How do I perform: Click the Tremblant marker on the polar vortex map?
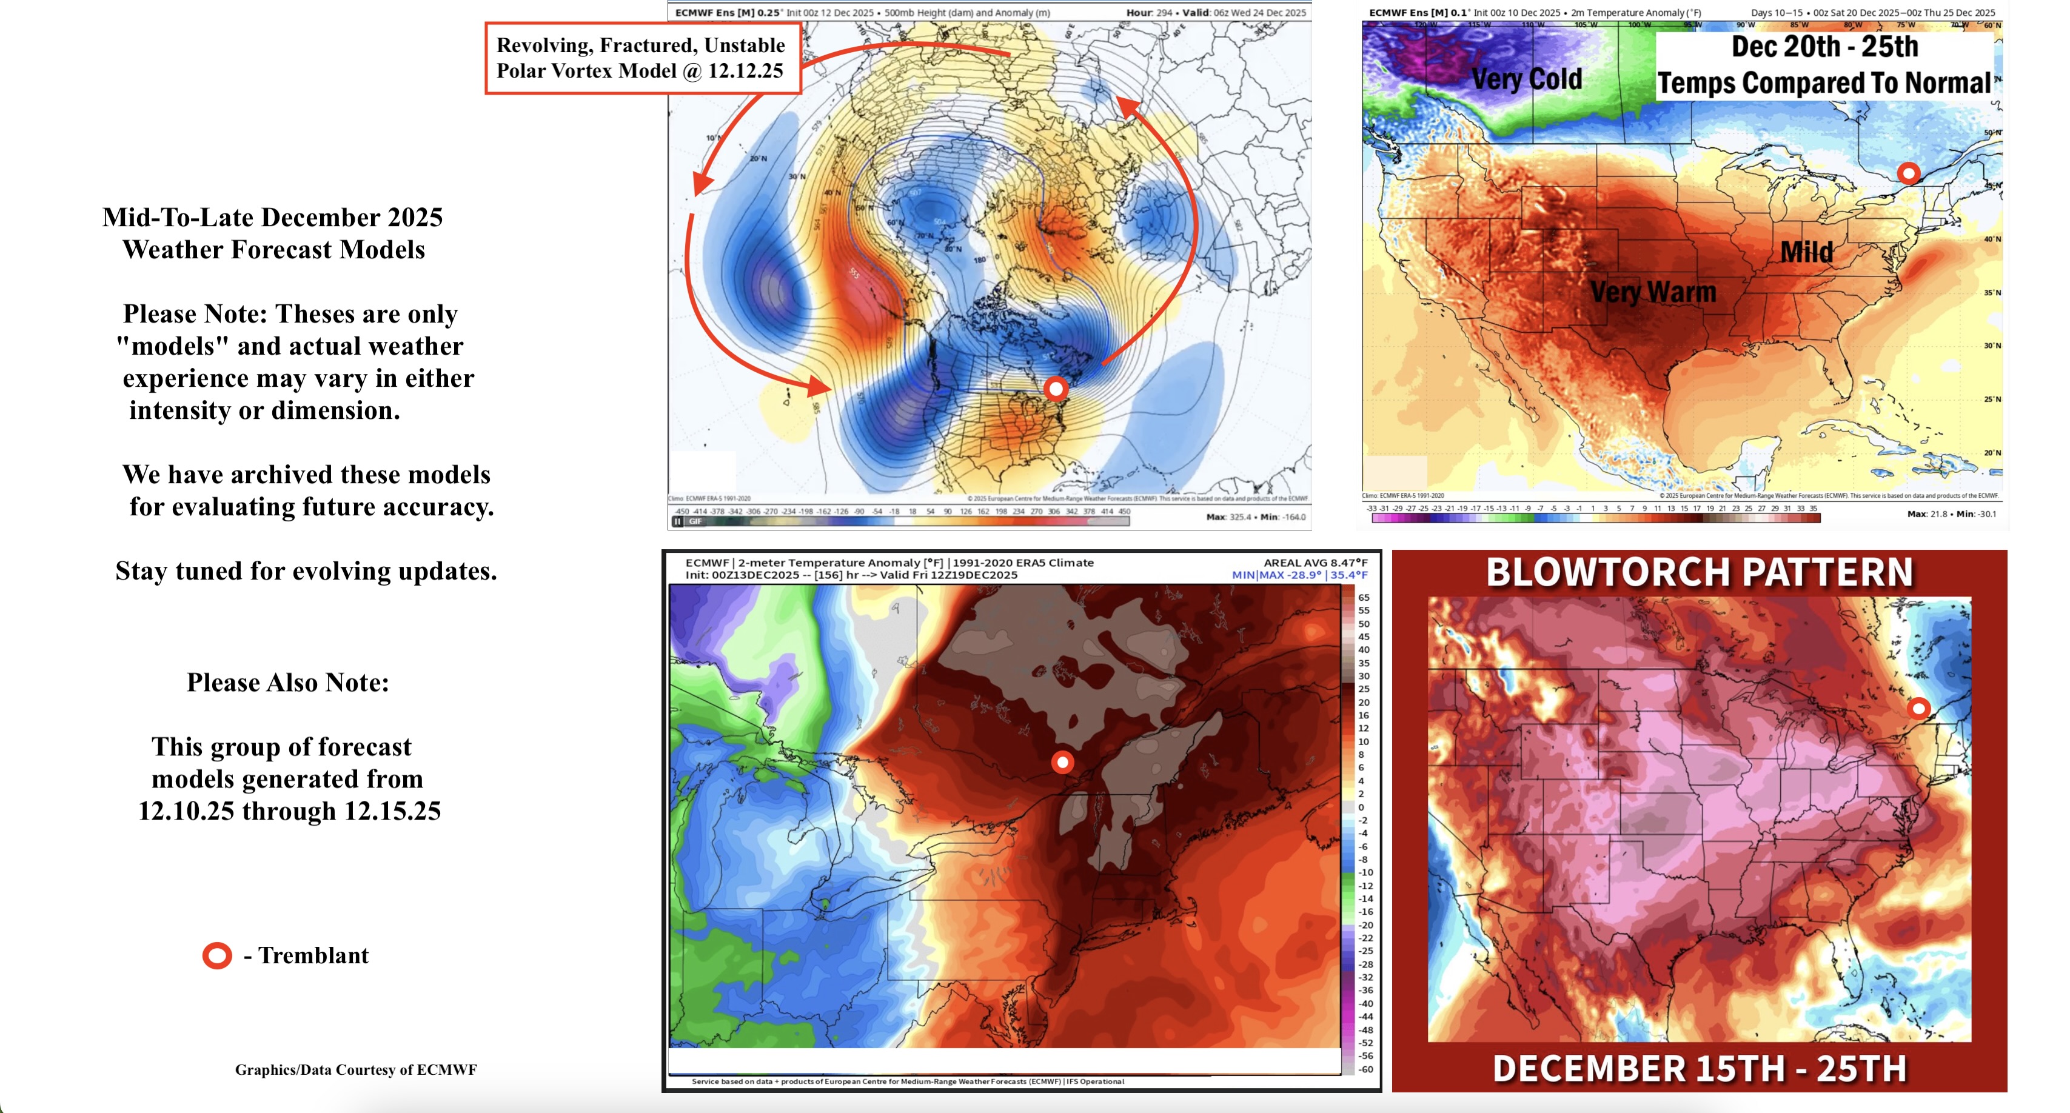coord(1056,389)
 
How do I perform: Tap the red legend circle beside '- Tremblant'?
coord(217,955)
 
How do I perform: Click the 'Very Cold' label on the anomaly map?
coord(1526,79)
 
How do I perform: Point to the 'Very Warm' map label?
coord(1653,292)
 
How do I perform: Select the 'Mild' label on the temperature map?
coord(1806,252)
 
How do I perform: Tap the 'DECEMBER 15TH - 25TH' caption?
coord(1699,1069)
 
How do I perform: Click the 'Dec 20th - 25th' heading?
coord(1824,47)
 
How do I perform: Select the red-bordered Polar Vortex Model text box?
coord(642,58)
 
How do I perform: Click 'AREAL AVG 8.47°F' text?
coord(1315,563)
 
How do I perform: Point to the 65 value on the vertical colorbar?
coord(1364,597)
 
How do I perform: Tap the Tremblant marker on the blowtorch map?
coord(1919,708)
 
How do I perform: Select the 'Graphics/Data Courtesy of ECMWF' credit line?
coord(355,1069)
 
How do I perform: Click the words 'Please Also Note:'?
coord(287,682)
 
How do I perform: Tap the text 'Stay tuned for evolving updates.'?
coord(306,570)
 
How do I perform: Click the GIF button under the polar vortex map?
coord(695,521)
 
